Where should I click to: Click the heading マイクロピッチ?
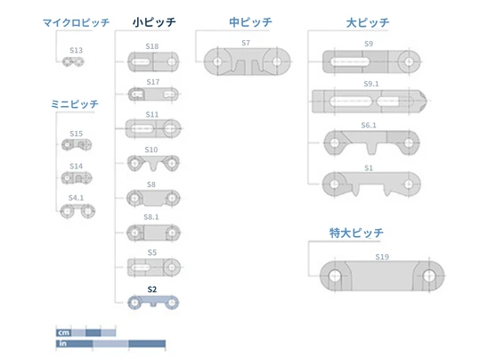coord(76,22)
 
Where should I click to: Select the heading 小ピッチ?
coord(154,22)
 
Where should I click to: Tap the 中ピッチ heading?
coord(250,22)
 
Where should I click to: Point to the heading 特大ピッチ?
coord(356,233)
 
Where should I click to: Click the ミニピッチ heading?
coord(75,104)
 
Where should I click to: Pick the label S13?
coord(76,50)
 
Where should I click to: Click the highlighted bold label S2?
coord(152,290)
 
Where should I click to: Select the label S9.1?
coord(371,84)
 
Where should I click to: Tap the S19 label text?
coord(382,257)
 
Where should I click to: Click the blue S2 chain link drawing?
coord(153,303)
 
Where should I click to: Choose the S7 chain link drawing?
coord(247,61)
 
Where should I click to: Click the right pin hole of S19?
coord(428,275)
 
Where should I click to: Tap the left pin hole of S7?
coord(217,61)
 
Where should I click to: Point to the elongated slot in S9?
coord(350,61)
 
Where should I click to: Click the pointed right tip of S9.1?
coord(427,101)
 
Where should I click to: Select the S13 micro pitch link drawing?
coord(73,61)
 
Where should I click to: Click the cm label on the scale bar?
coord(64,332)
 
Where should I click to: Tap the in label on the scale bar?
coord(62,343)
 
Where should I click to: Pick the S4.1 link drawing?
coord(77,211)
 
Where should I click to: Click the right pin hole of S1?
coord(409,184)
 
